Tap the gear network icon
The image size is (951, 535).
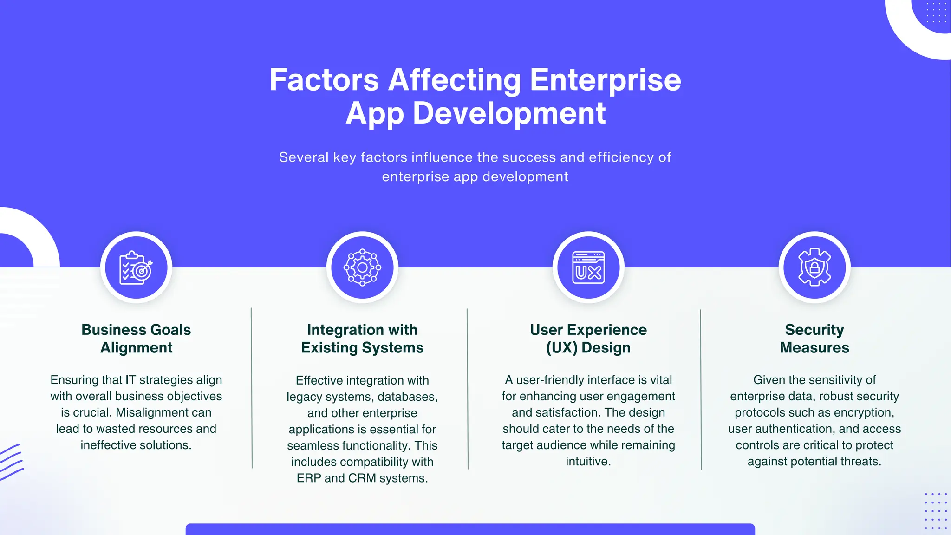(362, 267)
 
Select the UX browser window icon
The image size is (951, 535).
(588, 267)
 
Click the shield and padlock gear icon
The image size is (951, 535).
(814, 267)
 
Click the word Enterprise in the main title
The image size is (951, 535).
(605, 80)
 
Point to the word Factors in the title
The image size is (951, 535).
(324, 80)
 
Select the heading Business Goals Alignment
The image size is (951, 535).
(136, 339)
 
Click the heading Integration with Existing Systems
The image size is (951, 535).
(362, 339)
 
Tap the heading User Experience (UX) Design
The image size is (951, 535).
(588, 339)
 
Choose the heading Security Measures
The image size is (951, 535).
(814, 339)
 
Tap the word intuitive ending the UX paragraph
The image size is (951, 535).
(587, 461)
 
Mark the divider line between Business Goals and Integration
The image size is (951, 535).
(252, 388)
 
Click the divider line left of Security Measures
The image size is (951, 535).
(701, 389)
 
